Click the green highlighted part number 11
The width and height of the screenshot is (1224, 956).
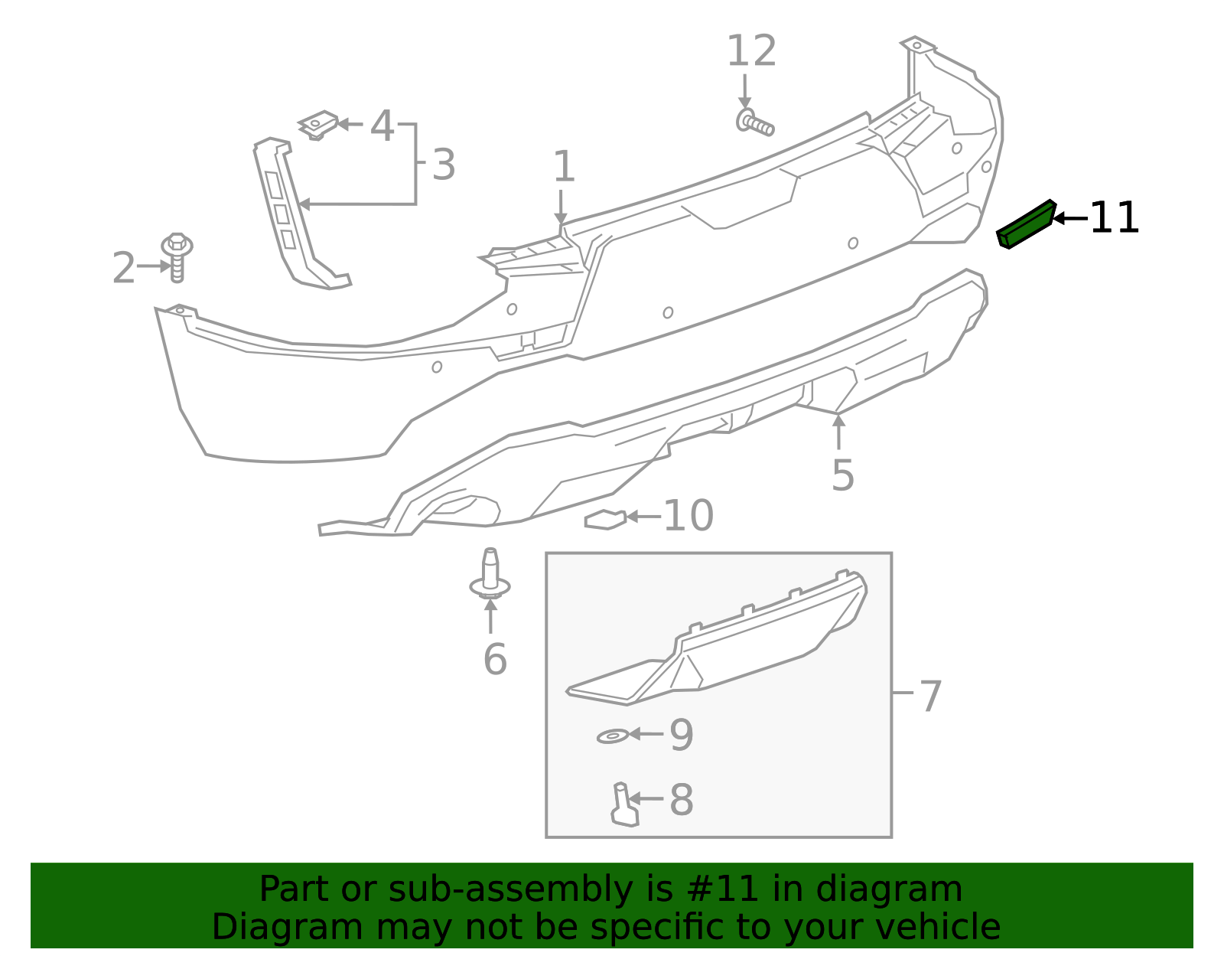click(x=1027, y=224)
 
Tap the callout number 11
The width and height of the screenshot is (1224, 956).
click(x=1114, y=219)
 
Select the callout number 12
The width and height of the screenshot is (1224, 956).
click(x=750, y=52)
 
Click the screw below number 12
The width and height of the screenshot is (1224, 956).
click(x=754, y=123)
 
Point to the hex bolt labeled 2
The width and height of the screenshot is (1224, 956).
click(x=177, y=257)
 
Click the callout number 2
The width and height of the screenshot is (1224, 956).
click(x=123, y=269)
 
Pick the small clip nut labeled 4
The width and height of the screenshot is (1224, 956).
click(x=318, y=125)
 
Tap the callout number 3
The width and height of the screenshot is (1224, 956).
click(x=444, y=165)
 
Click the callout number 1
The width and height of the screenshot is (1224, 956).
click(x=564, y=167)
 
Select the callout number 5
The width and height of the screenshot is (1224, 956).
click(x=842, y=476)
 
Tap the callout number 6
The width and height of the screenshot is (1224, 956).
click(x=495, y=659)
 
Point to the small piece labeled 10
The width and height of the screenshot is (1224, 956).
click(x=605, y=520)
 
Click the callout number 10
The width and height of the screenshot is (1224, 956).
click(x=688, y=517)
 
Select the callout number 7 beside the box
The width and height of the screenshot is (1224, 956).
click(x=929, y=697)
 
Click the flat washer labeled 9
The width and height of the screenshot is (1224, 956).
click(x=612, y=736)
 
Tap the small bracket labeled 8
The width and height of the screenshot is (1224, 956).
click(x=623, y=805)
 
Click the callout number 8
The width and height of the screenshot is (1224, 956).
click(x=681, y=801)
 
